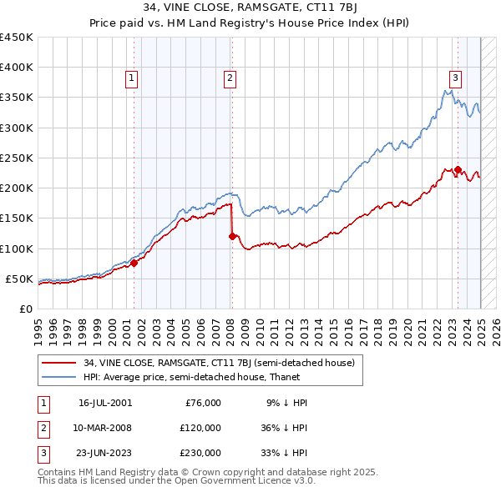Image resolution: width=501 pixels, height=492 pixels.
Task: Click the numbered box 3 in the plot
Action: coord(455,78)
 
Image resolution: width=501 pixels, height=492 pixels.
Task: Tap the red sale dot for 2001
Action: coord(134,263)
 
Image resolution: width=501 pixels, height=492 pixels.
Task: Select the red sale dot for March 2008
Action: coord(232,236)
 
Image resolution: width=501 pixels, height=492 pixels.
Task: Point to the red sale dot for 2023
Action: coord(458,169)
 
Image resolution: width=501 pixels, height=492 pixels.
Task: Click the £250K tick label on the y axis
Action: coord(17,158)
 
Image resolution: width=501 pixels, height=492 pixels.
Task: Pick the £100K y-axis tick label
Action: coord(17,249)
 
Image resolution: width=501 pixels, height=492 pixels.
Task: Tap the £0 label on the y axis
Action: coord(25,309)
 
